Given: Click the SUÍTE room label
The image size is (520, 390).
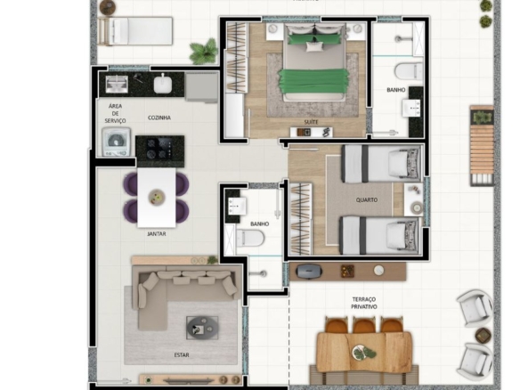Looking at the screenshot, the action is [x=311, y=122].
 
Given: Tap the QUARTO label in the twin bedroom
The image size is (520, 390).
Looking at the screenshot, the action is [x=367, y=200].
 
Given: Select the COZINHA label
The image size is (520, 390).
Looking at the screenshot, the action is [x=159, y=118].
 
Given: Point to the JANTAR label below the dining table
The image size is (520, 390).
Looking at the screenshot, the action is [x=157, y=234].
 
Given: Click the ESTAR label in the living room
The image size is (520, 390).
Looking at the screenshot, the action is [x=182, y=355].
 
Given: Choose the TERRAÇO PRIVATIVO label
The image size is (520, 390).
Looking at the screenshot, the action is [x=364, y=303].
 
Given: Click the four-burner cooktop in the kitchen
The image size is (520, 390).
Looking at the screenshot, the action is [x=160, y=148].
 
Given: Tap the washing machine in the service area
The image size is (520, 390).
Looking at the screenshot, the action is [x=116, y=142].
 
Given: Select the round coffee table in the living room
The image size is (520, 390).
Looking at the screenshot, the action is [x=202, y=328].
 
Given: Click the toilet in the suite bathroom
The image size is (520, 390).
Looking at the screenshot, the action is [x=409, y=71].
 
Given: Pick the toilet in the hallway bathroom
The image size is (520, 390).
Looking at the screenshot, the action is [x=250, y=238].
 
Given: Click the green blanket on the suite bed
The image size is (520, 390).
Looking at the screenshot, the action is [x=313, y=81].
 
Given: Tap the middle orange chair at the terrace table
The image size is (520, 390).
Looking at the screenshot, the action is [x=363, y=325].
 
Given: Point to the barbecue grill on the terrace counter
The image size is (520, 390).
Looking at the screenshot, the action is [x=308, y=272].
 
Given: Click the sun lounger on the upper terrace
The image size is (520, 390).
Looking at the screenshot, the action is [x=135, y=31].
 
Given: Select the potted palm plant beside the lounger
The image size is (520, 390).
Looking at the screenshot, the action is [x=204, y=52].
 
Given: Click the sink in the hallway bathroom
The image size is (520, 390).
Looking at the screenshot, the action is [x=237, y=207].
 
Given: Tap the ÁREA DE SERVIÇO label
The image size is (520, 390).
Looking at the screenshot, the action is [x=115, y=113].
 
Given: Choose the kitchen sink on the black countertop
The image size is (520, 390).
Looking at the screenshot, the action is [x=117, y=84].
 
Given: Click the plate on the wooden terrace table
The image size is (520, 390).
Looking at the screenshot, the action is [x=362, y=352].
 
